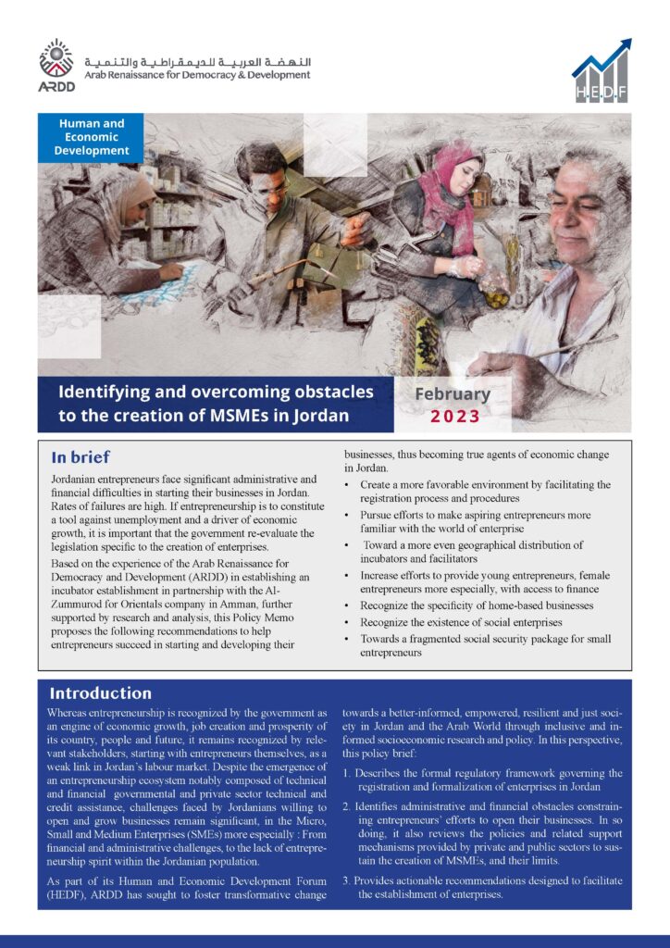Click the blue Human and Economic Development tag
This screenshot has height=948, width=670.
tap(92, 136)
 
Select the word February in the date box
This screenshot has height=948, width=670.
tap(452, 393)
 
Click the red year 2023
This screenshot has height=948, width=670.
tap(454, 416)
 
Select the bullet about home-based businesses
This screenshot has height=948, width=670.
tap(477, 605)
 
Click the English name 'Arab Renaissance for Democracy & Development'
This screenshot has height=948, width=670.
tap(196, 75)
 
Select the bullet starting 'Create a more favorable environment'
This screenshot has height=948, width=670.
tap(484, 492)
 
